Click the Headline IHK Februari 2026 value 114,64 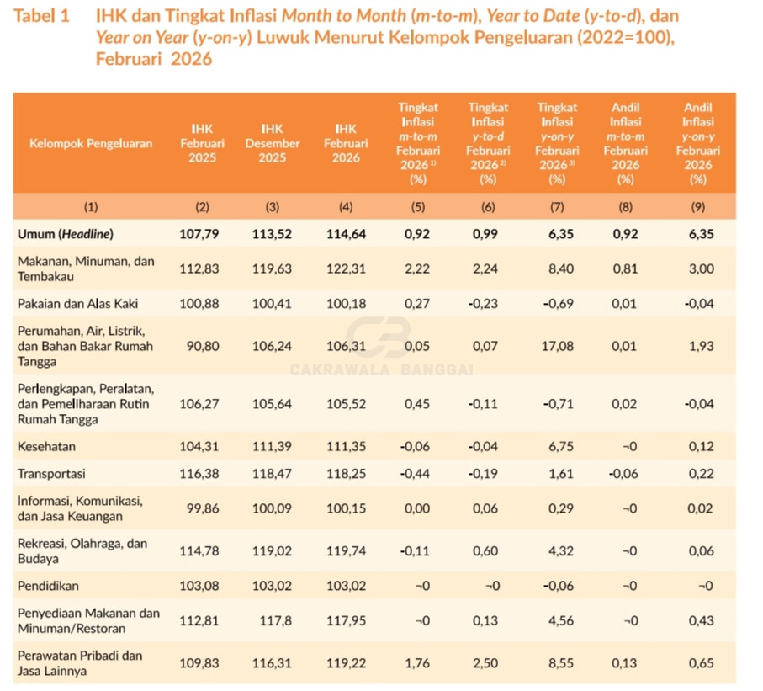pyautogui.click(x=345, y=234)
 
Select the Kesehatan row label pyautogui.click(x=46, y=446)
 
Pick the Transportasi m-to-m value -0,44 pyautogui.click(x=416, y=474)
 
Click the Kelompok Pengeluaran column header pyautogui.click(x=91, y=143)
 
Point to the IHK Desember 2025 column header pyautogui.click(x=272, y=143)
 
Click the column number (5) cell pyautogui.click(x=416, y=206)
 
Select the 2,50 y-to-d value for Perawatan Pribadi pyautogui.click(x=487, y=663)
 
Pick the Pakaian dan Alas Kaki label pyautogui.click(x=77, y=303)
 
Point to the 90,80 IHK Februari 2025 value pyautogui.click(x=200, y=346)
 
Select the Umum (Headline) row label pyautogui.click(x=66, y=234)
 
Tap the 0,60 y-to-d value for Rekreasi pyautogui.click(x=487, y=550)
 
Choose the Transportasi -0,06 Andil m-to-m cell pyautogui.click(x=624, y=474)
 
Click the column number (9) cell pyautogui.click(x=697, y=206)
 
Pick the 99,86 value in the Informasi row pyautogui.click(x=200, y=508)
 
